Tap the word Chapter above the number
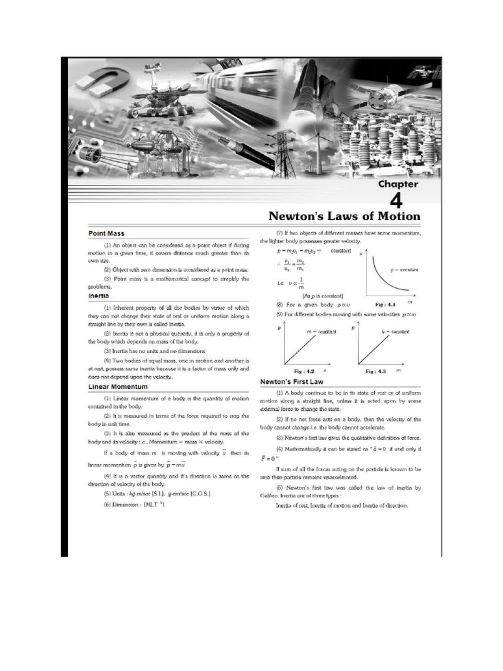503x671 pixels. [398, 184]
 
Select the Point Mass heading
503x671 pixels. [107, 233]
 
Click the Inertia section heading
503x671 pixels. [99, 296]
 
